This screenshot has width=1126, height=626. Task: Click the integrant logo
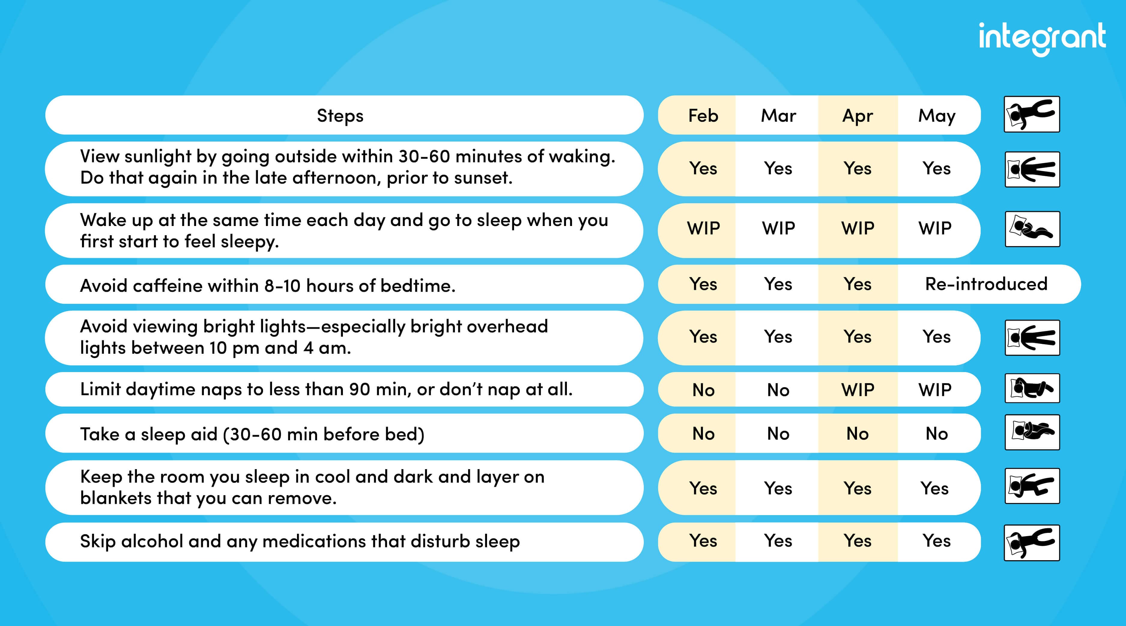[x=1042, y=38]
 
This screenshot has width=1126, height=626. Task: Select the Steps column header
[x=340, y=115]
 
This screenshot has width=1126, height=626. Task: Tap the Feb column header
[x=703, y=115]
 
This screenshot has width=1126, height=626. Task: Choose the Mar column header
[x=778, y=115]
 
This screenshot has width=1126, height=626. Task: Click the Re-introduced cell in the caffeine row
[x=986, y=284]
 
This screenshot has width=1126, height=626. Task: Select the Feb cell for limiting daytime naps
[x=703, y=390]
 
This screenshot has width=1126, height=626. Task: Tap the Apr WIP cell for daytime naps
[x=858, y=390]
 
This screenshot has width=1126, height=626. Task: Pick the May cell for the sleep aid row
[x=936, y=434]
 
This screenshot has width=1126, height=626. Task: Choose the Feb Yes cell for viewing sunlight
[x=703, y=168]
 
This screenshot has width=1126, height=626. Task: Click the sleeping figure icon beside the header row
[x=1032, y=114]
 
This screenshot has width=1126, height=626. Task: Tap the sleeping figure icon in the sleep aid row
[x=1032, y=432]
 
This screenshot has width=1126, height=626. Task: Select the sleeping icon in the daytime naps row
[x=1032, y=388]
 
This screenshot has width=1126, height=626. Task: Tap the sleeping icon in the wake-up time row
[x=1032, y=229]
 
